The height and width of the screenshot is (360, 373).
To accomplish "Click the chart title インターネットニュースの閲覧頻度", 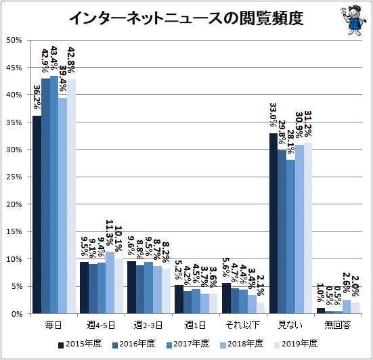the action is (186, 18).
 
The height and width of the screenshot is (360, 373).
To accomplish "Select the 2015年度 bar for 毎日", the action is (37, 215).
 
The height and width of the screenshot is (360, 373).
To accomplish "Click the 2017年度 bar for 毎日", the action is (54, 195).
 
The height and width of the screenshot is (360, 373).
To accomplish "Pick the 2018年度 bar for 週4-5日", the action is (110, 282).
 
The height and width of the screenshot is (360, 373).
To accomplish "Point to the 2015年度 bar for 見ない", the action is (273, 223).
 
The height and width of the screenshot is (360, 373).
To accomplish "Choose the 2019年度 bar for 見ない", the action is (308, 228).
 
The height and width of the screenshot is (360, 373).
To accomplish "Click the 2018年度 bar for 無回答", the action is (347, 307).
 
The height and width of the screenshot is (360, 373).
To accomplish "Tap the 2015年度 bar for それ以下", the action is (227, 298).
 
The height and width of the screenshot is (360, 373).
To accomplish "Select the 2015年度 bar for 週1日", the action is (179, 299).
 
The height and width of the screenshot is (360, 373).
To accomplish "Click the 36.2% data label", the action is (37, 97).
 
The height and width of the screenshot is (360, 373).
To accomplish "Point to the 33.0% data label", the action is (273, 114).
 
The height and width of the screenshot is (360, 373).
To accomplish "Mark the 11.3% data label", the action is (110, 233).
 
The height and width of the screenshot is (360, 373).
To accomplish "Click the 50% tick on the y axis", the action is (14, 41).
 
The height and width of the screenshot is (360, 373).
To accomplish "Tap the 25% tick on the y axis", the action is (14, 177).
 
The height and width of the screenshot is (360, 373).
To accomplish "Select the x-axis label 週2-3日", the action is (148, 325).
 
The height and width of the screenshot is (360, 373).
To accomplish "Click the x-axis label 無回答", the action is (338, 325).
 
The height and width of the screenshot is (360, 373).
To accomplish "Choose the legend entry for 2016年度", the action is (134, 344).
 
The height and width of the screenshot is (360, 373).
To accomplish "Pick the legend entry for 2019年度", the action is (296, 344).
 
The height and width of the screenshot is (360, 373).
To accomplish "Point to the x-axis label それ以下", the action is (242, 325).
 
